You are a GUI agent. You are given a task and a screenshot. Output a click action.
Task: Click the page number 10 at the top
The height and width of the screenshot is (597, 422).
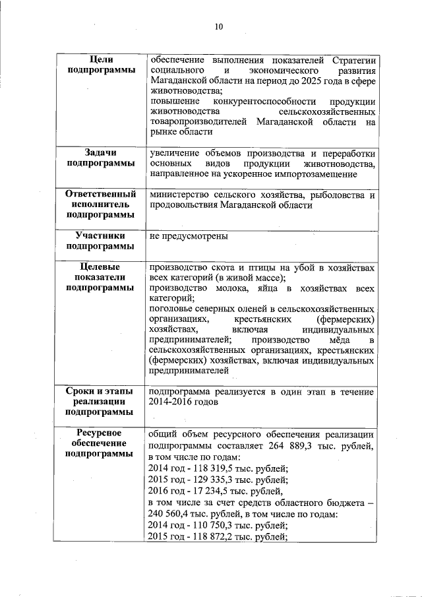click(x=218, y=27)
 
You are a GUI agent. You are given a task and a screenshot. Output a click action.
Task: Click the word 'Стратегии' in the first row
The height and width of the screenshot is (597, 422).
click(x=351, y=59)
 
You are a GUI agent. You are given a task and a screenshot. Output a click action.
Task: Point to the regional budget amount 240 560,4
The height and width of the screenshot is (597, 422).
click(x=173, y=514)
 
